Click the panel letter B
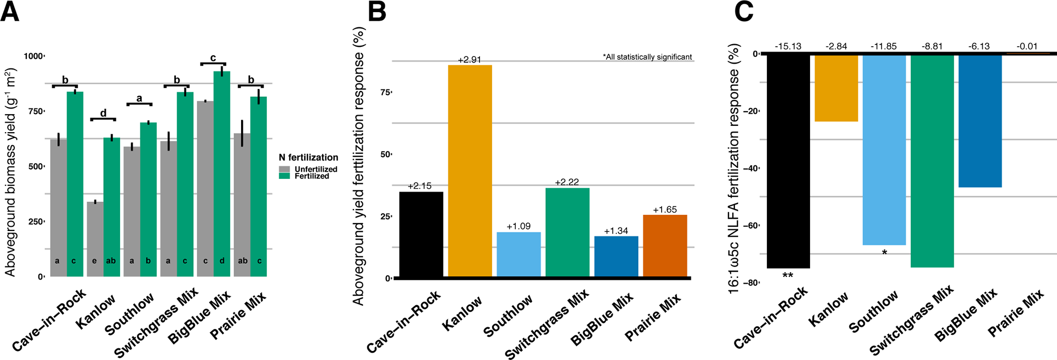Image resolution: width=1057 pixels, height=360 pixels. pos(377,12)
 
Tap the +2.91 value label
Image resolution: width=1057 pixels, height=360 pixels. pos(469,60)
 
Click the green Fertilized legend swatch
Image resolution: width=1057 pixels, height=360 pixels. pos(284,176)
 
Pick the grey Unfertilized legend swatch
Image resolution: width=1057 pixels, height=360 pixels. pos(284,169)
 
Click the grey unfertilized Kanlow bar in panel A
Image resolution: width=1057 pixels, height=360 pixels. pos(95,239)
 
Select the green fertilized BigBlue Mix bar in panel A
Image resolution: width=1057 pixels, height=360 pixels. pos(222,174)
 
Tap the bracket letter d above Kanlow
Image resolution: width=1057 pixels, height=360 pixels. pos(103,113)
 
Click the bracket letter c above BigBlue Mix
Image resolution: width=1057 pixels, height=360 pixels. pos(213,58)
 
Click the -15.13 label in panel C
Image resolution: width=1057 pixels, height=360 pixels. pos(787,46)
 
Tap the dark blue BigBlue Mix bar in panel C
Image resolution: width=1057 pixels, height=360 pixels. pos(980,121)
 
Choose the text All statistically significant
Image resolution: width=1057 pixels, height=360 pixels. pos(647,57)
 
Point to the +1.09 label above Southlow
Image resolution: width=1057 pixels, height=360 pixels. pos(518,226)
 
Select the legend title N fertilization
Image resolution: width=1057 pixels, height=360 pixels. pos(308,157)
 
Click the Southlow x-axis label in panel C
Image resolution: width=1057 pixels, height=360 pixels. pos(874,312)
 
